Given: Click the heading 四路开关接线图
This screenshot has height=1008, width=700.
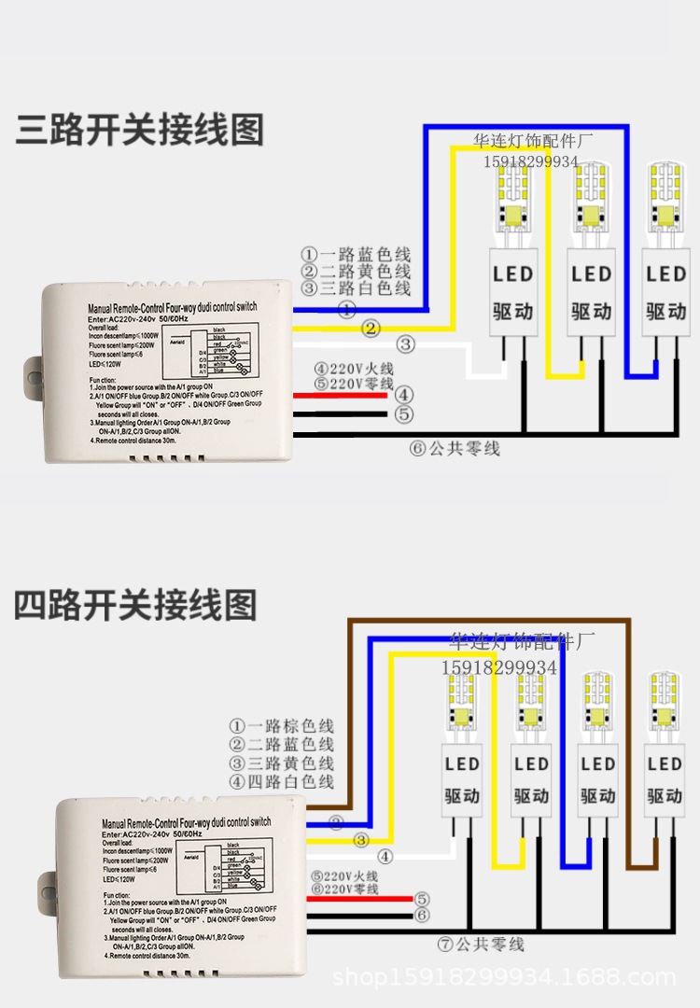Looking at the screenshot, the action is coord(135,605).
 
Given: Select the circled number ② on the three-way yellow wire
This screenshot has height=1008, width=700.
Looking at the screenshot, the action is coord(371,329).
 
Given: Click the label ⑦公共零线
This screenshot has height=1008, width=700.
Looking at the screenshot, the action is coord(481,945).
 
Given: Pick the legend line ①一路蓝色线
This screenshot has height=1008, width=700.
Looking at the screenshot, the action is coord(356,254).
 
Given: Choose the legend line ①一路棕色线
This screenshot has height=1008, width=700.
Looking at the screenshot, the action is coord(282,725).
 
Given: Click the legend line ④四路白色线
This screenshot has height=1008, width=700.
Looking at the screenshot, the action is coord(282,781).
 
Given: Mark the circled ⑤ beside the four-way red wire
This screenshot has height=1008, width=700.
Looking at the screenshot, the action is coord(422,899).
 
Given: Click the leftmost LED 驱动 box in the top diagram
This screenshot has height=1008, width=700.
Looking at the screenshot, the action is coord(513,292).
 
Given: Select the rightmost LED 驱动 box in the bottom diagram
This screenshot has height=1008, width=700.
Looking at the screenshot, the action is coord(665,780).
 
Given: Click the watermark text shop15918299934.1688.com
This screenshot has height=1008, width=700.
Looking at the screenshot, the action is coord(504,978).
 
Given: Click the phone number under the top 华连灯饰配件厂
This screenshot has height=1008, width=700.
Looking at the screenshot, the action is coord(530,161).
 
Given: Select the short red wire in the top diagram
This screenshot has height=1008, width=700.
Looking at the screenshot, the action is coord(341,396).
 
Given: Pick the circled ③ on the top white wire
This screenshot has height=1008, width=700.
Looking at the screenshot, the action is coord(405,344).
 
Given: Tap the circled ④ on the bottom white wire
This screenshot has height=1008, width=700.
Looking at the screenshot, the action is coord(385,856).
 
